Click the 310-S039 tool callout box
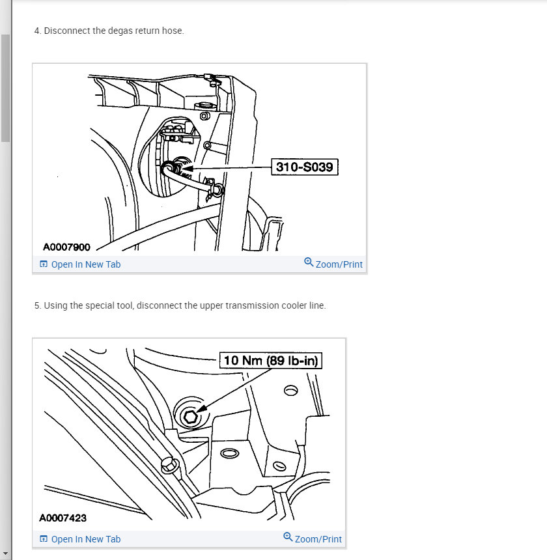304,167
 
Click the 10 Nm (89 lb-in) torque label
272,360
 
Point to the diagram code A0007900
66,247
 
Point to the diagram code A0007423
63,518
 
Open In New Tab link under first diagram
85,264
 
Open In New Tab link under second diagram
85,539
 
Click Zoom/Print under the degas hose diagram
339,264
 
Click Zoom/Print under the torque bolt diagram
318,539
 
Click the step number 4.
36,31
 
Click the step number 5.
36,305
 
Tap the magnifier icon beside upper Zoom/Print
309,262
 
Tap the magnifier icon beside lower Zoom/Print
288,537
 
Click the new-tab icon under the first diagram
44,264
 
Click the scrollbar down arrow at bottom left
5,553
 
